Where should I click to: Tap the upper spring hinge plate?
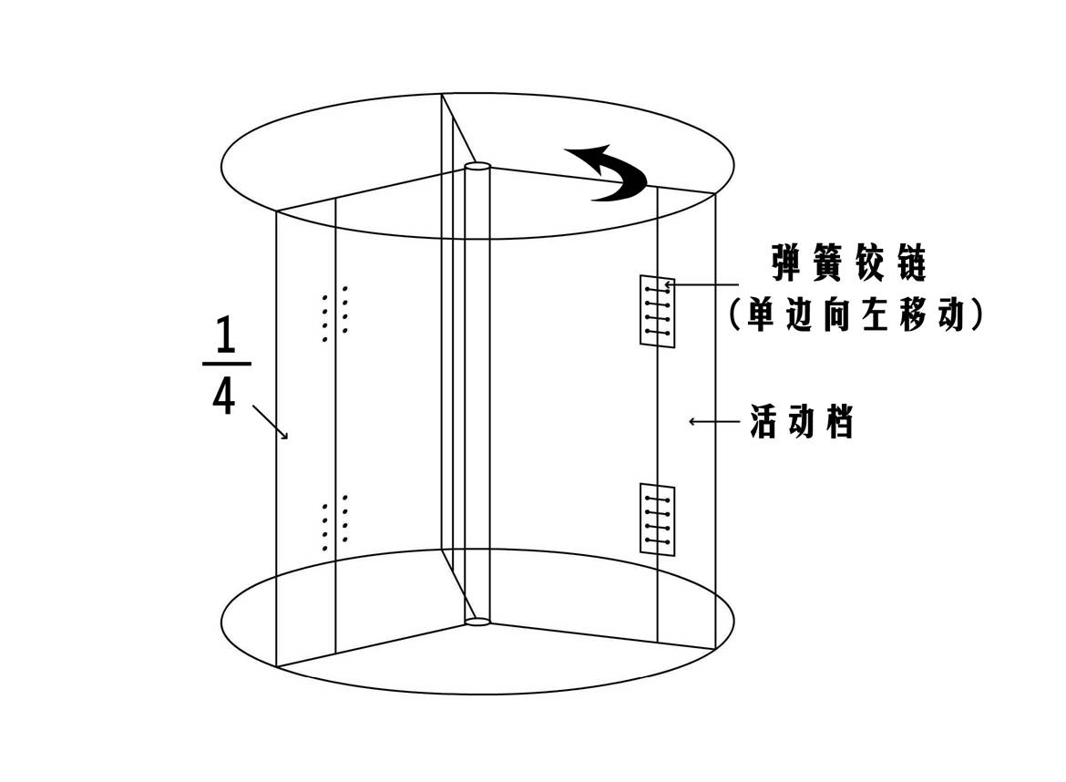click(x=656, y=311)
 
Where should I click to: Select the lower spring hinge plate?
click(x=657, y=520)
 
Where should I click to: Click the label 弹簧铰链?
click(x=848, y=265)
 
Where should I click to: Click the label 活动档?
click(x=802, y=422)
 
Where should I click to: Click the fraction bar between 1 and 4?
click(x=225, y=365)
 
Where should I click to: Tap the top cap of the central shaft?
click(x=477, y=167)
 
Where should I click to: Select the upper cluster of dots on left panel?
click(x=334, y=313)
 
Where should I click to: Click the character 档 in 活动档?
click(x=840, y=422)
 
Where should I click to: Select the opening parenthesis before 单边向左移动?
click(x=736, y=315)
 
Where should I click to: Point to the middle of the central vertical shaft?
click(x=477, y=392)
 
